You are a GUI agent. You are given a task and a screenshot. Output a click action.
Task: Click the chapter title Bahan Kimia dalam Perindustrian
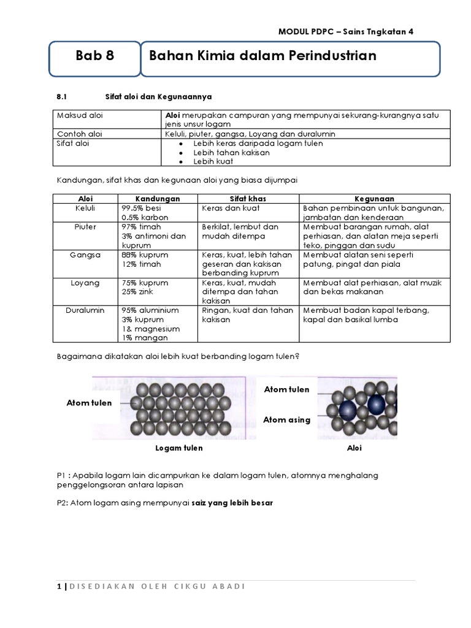click(x=262, y=56)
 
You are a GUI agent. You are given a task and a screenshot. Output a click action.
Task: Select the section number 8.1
click(x=61, y=96)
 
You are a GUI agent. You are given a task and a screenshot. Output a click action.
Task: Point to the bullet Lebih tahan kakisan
click(x=231, y=152)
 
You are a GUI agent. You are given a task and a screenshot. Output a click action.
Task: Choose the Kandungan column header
click(x=158, y=199)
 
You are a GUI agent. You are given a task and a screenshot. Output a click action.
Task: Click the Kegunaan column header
click(x=374, y=199)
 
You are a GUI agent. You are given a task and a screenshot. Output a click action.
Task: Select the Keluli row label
click(x=85, y=208)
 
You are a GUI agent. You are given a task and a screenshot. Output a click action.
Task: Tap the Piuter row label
click(x=85, y=226)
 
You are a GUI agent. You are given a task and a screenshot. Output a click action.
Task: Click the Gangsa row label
click(x=85, y=255)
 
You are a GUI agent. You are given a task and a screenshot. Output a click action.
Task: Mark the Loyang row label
click(x=85, y=283)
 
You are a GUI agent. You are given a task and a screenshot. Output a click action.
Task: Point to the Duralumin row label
click(x=85, y=310)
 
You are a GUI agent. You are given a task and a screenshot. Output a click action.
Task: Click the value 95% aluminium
click(x=150, y=310)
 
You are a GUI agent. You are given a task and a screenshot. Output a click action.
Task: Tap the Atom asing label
click(x=286, y=420)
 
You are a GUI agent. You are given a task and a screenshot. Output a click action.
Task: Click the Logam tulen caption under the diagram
click(x=179, y=448)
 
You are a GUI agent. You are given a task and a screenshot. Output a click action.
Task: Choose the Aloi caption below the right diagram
click(x=354, y=448)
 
